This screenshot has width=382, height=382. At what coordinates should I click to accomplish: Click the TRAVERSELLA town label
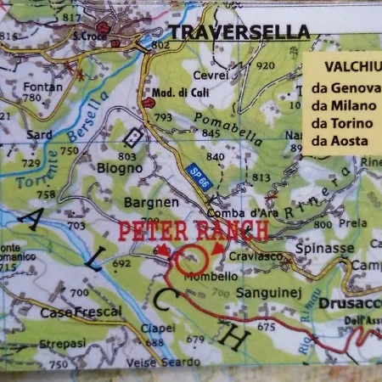[x=239, y=32]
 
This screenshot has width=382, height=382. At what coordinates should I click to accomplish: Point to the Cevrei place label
[x=211, y=75]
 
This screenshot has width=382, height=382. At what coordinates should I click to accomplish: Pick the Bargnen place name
[x=152, y=203]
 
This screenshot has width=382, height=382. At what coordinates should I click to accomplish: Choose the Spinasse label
[x=326, y=248]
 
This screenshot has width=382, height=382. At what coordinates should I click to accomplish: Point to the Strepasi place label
[x=62, y=344]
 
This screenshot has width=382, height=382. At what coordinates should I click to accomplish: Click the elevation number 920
[x=266, y=65]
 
